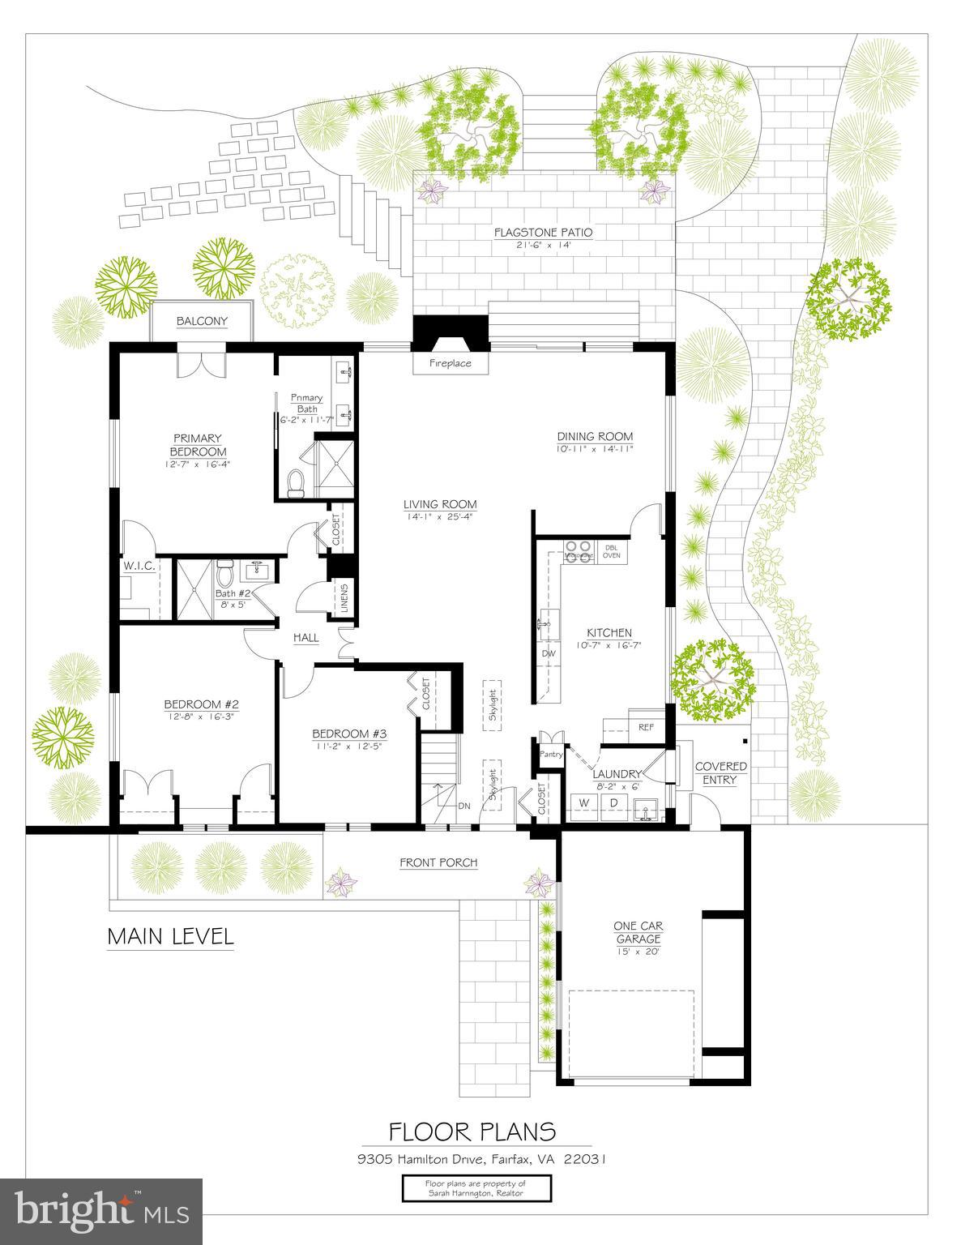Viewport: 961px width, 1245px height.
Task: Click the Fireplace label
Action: pos(450,364)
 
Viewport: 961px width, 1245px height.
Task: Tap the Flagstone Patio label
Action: pos(543,233)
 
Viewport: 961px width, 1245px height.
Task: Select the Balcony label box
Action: pos(203,321)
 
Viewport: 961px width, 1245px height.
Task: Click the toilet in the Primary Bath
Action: pos(295,483)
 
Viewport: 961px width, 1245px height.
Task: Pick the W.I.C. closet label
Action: pos(139,566)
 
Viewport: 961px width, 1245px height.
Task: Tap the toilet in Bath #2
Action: pos(226,574)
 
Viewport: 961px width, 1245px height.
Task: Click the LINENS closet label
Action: pos(344,600)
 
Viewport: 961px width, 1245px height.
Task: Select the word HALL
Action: pos(305,638)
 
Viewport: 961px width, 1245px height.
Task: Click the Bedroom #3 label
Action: pos(349,734)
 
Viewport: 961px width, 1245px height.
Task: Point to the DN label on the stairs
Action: pos(464,806)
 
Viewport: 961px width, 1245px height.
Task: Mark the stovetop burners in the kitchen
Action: pos(579,551)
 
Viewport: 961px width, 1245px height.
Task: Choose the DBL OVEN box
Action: pos(613,551)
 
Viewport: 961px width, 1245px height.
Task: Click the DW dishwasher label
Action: pos(549,653)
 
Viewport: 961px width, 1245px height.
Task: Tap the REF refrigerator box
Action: pos(646,727)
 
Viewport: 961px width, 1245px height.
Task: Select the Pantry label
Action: pos(551,755)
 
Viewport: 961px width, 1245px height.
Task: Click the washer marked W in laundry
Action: pos(583,802)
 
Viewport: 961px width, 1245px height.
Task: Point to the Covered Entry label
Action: pos(720,773)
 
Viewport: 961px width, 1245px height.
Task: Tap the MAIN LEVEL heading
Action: pos(171,937)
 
